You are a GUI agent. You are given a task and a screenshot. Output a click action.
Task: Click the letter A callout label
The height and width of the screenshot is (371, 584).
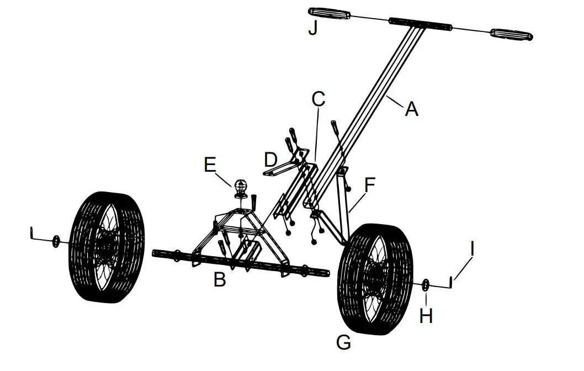point(411,110)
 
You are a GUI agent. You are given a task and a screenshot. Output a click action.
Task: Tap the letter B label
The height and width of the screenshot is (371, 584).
point(220,280)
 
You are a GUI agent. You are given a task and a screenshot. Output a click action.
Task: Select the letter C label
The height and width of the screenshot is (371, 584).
point(318,99)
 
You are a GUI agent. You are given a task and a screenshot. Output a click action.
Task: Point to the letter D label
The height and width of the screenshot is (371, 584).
point(270,160)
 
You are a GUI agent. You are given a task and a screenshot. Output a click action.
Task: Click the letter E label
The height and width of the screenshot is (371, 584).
point(210,165)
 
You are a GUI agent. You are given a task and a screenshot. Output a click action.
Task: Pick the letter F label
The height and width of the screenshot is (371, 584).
point(369,184)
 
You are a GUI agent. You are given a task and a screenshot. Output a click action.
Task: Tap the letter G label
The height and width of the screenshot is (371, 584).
point(343,343)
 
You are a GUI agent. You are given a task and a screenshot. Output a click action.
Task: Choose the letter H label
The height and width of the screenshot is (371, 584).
point(426,315)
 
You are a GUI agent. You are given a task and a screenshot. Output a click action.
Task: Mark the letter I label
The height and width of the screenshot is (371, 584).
point(471,249)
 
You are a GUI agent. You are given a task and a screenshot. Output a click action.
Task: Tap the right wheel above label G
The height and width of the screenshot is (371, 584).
point(375,279)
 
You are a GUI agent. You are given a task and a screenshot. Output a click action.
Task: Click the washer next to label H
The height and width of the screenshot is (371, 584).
point(427,286)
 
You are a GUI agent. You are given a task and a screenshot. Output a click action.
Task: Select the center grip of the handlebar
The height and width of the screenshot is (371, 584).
point(420,24)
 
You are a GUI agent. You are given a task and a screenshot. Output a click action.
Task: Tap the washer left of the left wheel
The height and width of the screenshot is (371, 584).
point(56,241)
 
